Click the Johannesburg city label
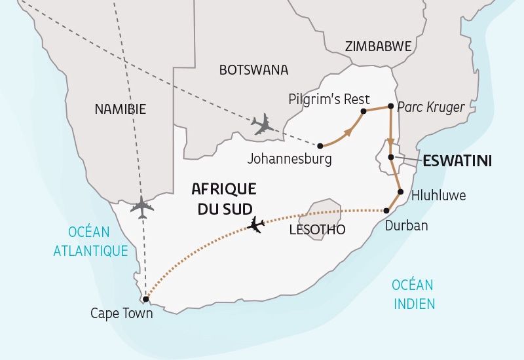point(290,158)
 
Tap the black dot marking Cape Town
point(145,299)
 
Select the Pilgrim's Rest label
point(329,99)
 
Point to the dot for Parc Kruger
point(390,106)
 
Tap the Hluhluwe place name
point(438,195)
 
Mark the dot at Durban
point(386,210)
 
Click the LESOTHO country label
point(317,230)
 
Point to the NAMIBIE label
point(120,109)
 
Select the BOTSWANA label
point(253,69)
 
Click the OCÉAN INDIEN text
point(413,294)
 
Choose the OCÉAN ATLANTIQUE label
point(98,241)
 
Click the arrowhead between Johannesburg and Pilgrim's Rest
point(346,132)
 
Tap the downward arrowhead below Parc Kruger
point(390,143)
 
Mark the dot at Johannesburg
point(320,145)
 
